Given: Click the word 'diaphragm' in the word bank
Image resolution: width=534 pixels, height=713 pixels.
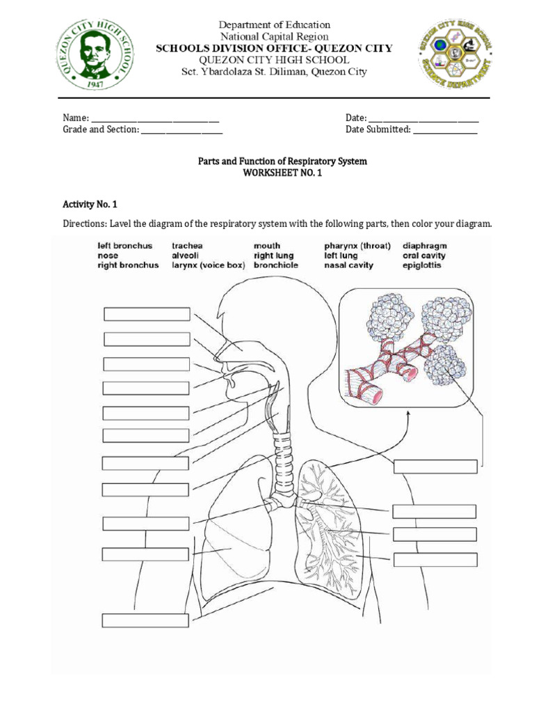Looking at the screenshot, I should (x=425, y=246).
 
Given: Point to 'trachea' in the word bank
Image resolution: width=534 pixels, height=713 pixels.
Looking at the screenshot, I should (x=187, y=246).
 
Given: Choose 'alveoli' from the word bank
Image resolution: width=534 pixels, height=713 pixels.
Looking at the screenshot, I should (x=186, y=256).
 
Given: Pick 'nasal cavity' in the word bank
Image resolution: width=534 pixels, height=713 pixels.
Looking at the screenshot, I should (x=348, y=265).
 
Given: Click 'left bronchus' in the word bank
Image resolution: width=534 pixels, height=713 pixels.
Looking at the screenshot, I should (x=124, y=246).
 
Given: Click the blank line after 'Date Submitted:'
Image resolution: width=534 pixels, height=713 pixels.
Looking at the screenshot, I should (x=445, y=130).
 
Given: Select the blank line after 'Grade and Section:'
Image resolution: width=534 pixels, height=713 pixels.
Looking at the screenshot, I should (x=182, y=130).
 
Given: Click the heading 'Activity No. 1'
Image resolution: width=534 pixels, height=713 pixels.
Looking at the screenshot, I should (x=90, y=204).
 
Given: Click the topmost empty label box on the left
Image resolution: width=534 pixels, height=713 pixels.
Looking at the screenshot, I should (x=147, y=314).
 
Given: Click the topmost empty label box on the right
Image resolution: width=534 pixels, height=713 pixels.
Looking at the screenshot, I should (x=435, y=467).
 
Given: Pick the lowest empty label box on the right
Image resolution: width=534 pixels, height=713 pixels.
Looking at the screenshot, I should (x=435, y=559).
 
